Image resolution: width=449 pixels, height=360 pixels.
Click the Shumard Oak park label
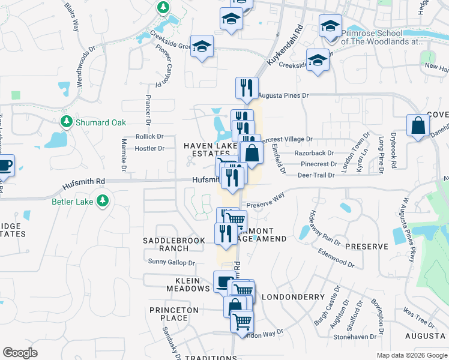point(101,122)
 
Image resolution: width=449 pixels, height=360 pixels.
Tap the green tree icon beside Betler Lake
point(103,201)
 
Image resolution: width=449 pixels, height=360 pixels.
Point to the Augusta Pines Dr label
point(283,95)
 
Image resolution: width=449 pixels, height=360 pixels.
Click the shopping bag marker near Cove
point(418,127)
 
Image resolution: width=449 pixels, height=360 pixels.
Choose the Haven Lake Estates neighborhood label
point(207,150)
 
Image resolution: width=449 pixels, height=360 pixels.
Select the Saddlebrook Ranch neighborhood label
point(174,244)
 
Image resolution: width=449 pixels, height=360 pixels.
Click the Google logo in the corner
point(20,353)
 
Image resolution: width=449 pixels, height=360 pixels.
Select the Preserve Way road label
point(265,199)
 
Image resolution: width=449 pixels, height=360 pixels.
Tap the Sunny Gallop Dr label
point(172,263)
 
